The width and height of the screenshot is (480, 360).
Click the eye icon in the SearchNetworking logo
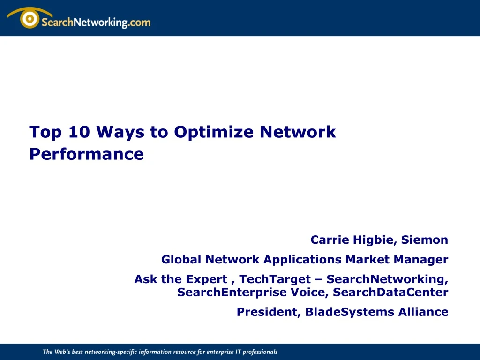point(30,19)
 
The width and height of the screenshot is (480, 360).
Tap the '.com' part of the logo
point(139,22)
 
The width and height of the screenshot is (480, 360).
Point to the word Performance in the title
point(86,154)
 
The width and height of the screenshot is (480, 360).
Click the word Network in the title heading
point(298,132)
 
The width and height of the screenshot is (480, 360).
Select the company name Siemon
point(425,240)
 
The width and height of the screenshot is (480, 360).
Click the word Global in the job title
point(181,260)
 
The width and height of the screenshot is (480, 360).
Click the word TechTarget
point(275,279)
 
